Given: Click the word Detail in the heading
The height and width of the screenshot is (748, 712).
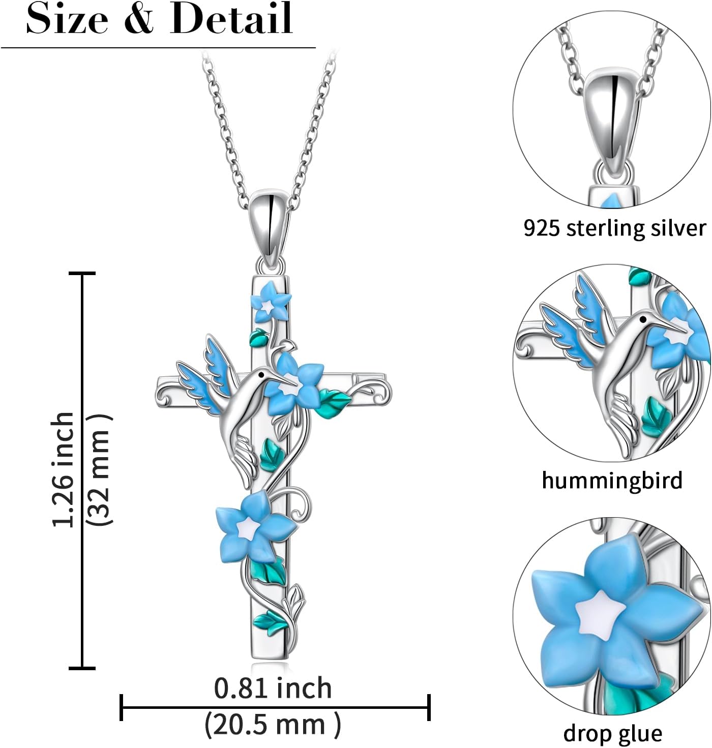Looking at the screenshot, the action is click(x=231, y=19).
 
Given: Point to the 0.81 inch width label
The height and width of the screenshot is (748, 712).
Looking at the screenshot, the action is click(x=273, y=688).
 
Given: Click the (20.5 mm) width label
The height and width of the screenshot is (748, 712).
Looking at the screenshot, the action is click(x=273, y=725).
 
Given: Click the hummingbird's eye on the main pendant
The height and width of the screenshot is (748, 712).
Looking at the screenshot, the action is click(x=261, y=374).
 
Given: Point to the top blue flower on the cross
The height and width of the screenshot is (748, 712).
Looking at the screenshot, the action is click(x=270, y=304).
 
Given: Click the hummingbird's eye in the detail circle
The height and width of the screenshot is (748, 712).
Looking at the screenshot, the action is click(x=644, y=319).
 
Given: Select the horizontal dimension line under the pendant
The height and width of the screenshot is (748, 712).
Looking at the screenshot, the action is click(x=275, y=707).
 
